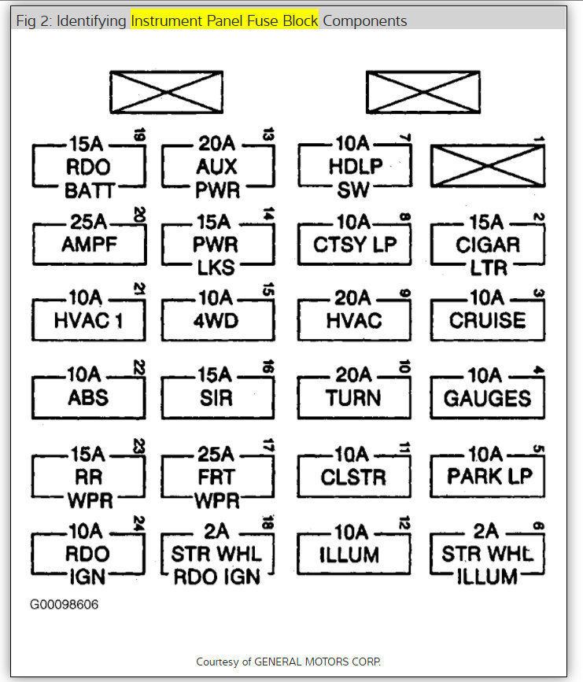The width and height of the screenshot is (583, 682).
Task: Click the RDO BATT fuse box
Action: pyautogui.click(x=88, y=167)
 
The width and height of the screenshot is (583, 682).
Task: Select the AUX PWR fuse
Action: pyautogui.click(x=218, y=167)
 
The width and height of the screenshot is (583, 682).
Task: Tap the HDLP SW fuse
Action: pyautogui.click(x=353, y=167)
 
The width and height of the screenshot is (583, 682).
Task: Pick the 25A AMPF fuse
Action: pyautogui.click(x=89, y=243)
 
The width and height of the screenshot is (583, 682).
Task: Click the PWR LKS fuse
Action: pyautogui.click(x=218, y=244)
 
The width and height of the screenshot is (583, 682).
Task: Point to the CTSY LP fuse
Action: pyautogui.click(x=353, y=243)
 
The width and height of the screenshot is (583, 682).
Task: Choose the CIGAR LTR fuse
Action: pyautogui.click(x=487, y=244)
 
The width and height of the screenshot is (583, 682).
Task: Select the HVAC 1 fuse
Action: pyautogui.click(x=88, y=319)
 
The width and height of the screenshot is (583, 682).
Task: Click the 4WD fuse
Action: pyautogui.click(x=218, y=319)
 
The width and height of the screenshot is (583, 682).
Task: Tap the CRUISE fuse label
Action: pyautogui.click(x=487, y=320)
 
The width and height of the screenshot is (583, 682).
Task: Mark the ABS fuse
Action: pyautogui.click(x=88, y=397)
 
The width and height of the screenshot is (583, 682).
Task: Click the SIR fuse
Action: pyautogui.click(x=218, y=397)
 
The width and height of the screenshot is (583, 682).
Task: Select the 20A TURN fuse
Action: pyautogui.click(x=353, y=397)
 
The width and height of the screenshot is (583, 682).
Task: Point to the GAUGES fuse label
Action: pyautogui.click(x=487, y=398)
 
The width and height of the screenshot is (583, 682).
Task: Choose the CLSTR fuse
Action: pyautogui.click(x=353, y=475)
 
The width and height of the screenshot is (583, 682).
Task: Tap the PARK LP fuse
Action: pyautogui.click(x=487, y=475)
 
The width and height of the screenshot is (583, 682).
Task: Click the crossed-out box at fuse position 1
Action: pyautogui.click(x=487, y=168)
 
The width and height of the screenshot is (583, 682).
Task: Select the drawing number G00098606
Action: pyautogui.click(x=65, y=605)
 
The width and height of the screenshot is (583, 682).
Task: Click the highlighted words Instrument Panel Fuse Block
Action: pyautogui.click(x=224, y=21)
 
